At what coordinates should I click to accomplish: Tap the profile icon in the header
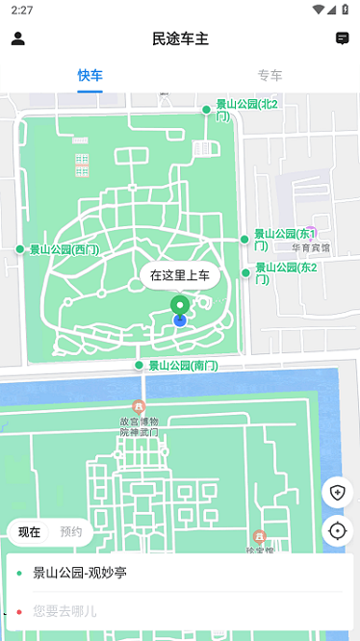(x=17, y=38)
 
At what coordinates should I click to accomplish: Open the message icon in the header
(x=342, y=38)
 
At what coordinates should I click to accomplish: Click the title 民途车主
(x=180, y=38)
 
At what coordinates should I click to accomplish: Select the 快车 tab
(x=90, y=75)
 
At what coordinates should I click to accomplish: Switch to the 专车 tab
(x=270, y=75)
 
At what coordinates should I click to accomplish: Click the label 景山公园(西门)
(x=64, y=249)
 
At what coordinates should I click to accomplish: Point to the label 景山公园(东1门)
(x=285, y=239)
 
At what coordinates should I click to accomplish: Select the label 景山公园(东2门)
(x=285, y=272)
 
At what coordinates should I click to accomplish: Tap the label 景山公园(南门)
(x=182, y=366)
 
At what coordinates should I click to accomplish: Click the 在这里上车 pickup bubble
(x=180, y=275)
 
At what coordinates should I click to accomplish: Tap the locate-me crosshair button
(x=337, y=530)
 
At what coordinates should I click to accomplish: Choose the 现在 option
(x=29, y=531)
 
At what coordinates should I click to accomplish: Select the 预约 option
(x=71, y=531)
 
